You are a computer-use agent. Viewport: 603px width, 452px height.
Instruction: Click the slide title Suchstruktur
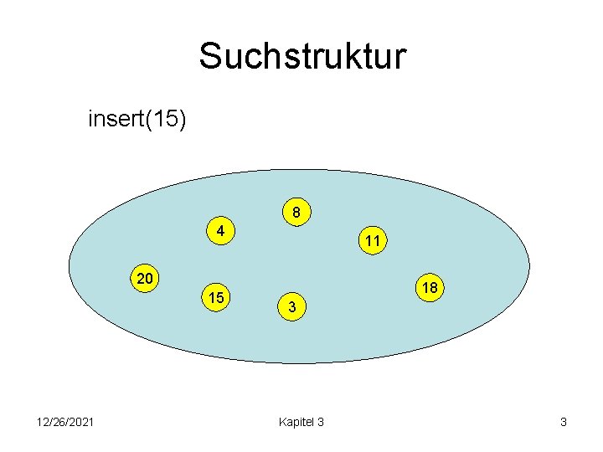301,57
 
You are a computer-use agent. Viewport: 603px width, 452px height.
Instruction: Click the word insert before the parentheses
116,120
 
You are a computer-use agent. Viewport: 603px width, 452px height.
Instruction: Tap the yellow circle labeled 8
296,213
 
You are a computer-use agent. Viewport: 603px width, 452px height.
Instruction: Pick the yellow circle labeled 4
219,230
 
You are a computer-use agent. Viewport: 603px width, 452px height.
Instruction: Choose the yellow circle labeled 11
373,241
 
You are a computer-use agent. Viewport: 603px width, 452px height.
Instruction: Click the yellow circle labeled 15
216,297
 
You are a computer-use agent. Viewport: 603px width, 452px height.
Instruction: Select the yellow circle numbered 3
291,307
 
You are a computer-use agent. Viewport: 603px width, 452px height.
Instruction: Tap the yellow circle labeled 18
430,288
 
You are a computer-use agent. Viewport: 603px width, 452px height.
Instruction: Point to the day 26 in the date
59,422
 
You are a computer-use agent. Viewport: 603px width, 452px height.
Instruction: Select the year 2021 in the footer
80,422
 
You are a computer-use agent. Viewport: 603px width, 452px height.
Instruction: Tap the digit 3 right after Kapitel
321,422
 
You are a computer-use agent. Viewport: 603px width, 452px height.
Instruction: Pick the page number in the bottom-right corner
564,422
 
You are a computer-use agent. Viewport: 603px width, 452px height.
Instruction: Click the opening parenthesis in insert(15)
147,120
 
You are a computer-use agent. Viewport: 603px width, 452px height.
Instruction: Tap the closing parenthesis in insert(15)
183,120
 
